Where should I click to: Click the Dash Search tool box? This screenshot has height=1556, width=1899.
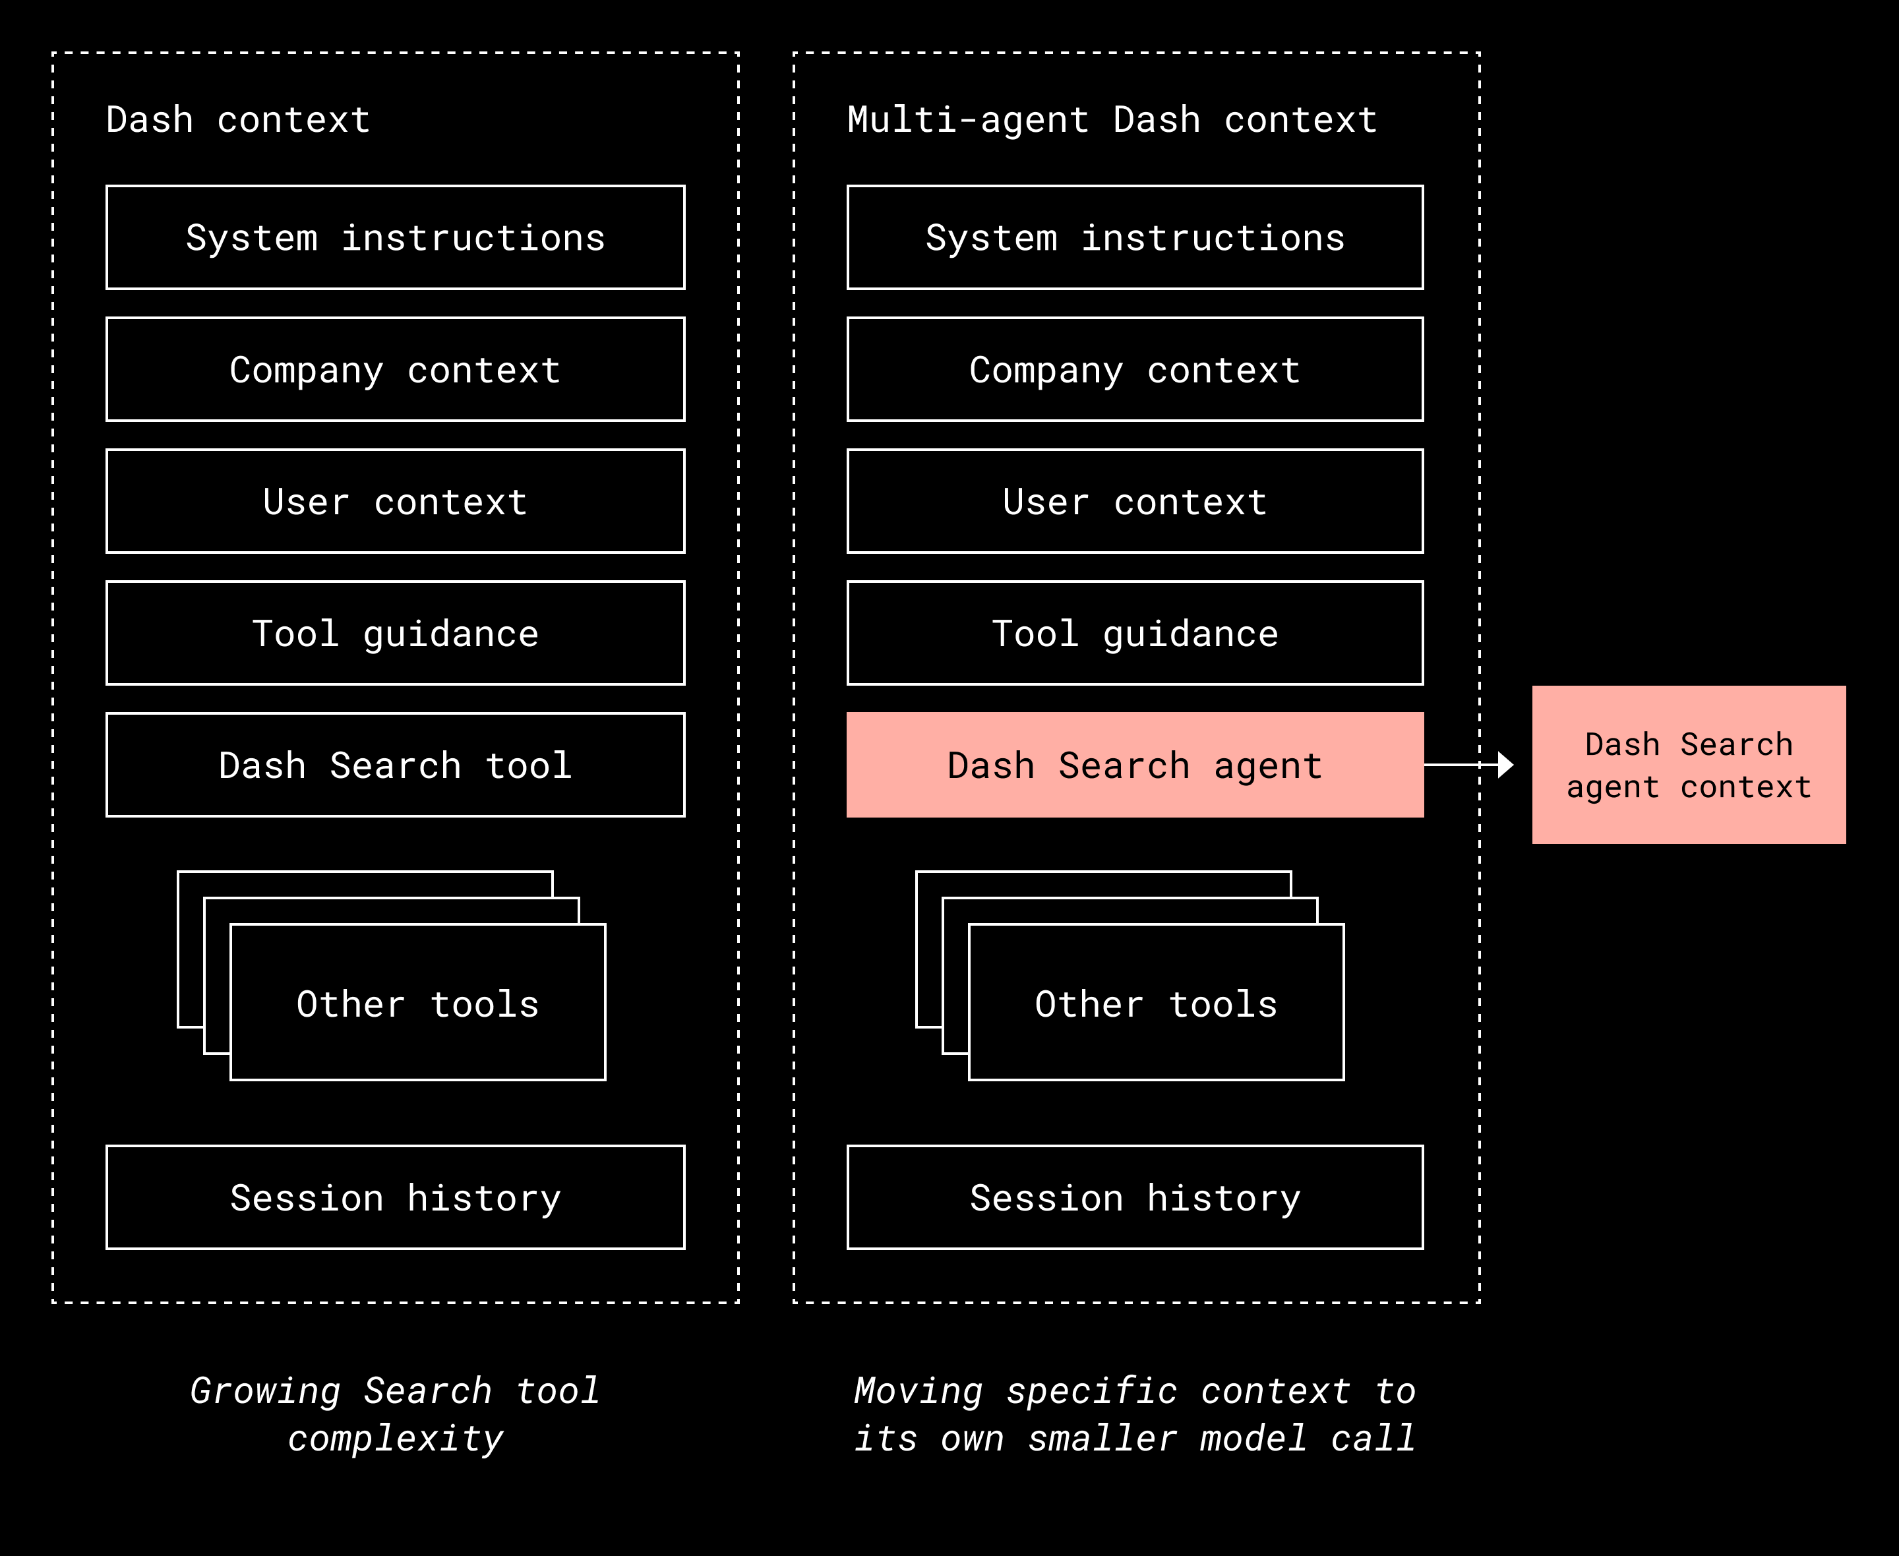point(395,765)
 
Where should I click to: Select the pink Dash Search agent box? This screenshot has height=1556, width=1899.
point(1135,765)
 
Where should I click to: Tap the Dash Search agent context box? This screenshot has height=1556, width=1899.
point(1689,765)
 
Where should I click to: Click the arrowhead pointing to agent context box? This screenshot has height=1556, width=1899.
point(1505,765)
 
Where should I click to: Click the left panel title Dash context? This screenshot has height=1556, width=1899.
point(237,119)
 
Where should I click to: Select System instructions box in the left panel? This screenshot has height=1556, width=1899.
point(395,237)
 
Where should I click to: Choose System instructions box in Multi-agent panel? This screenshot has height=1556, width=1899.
point(1135,237)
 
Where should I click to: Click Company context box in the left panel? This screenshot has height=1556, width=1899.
point(395,369)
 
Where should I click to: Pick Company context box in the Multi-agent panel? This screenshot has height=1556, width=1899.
point(1135,369)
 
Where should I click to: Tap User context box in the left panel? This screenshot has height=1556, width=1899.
point(395,501)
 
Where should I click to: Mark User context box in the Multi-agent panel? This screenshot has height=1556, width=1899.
point(1135,501)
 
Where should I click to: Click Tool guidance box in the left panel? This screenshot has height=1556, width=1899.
point(395,633)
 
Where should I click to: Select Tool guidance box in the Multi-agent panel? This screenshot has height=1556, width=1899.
point(1135,633)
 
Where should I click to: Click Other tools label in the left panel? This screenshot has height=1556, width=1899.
point(417,1004)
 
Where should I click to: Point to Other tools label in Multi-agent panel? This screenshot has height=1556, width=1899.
point(1156,1004)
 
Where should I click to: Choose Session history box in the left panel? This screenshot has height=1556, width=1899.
point(395,1197)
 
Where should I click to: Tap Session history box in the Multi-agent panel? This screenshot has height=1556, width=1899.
point(1135,1197)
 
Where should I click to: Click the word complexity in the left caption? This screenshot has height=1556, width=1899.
point(395,1439)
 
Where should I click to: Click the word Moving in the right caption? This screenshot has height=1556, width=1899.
point(918,1391)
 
